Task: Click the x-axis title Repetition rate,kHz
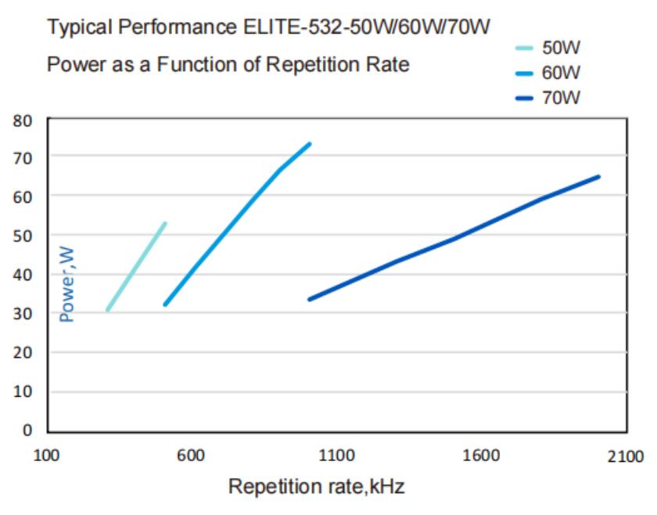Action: (316, 487)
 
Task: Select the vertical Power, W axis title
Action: (68, 284)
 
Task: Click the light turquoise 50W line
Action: (136, 267)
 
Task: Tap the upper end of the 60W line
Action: (310, 144)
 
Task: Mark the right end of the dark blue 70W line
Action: (598, 177)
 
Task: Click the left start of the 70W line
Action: (311, 299)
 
